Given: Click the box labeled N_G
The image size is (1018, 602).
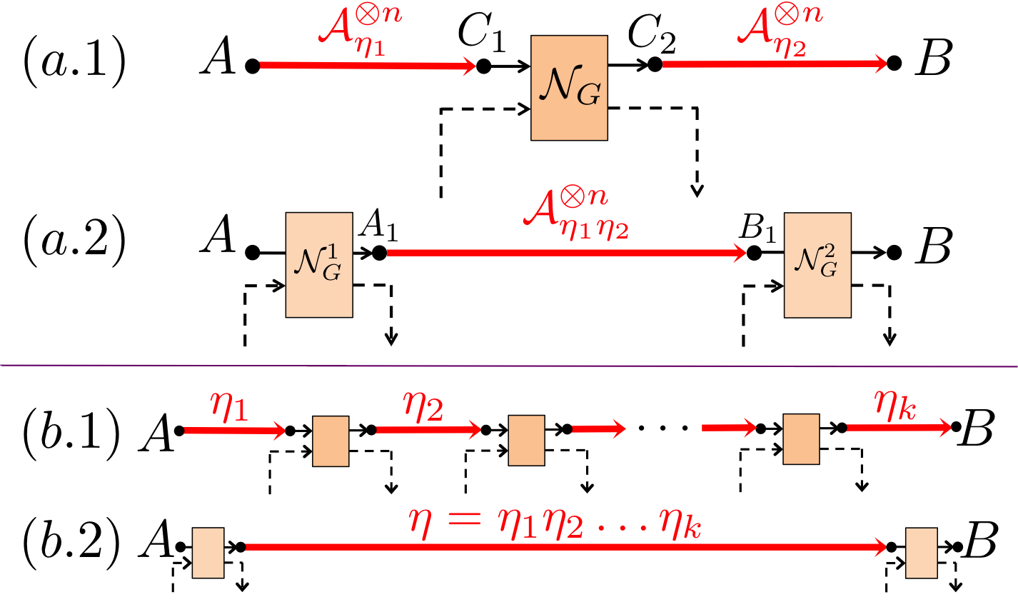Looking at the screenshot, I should point(569,88).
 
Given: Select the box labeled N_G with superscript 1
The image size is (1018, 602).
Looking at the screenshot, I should point(319,265).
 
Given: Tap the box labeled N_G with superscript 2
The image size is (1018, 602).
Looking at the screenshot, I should point(817,265).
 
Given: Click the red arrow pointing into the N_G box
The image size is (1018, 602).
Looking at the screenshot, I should point(368,66).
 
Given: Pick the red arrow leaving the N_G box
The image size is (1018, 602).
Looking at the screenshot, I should point(774,64).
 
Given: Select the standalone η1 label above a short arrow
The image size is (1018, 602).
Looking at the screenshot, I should point(229,408).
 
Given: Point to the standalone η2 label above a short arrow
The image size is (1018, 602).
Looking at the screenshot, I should point(423,407).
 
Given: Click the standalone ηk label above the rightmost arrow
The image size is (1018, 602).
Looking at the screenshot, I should point(895,405).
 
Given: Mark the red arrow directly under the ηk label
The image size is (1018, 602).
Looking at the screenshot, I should point(898,428).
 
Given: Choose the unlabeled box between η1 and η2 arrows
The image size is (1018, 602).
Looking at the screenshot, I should point(331,441).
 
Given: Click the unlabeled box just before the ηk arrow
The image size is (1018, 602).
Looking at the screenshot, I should point(801,439).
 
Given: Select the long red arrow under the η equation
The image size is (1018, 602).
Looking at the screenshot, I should point(564,548).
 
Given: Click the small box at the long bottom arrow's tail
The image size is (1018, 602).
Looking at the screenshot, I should point(208,553).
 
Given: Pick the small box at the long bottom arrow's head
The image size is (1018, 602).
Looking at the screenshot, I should point(921,553).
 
